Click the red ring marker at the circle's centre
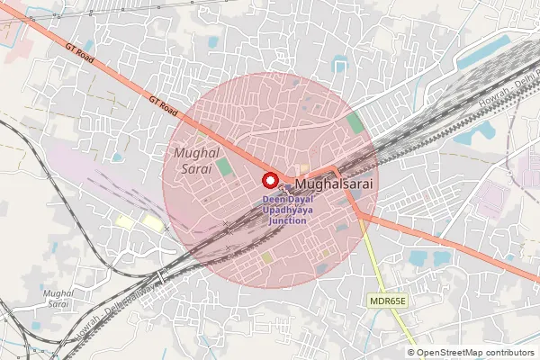pyautogui.click(x=269, y=179)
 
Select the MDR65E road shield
pyautogui.click(x=388, y=300)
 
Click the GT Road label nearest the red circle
pyautogui.click(x=164, y=107)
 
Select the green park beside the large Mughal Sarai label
pyautogui.click(x=223, y=167)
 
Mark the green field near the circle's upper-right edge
pyautogui.click(x=355, y=123)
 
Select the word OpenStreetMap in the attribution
pyautogui.click(x=450, y=353)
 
